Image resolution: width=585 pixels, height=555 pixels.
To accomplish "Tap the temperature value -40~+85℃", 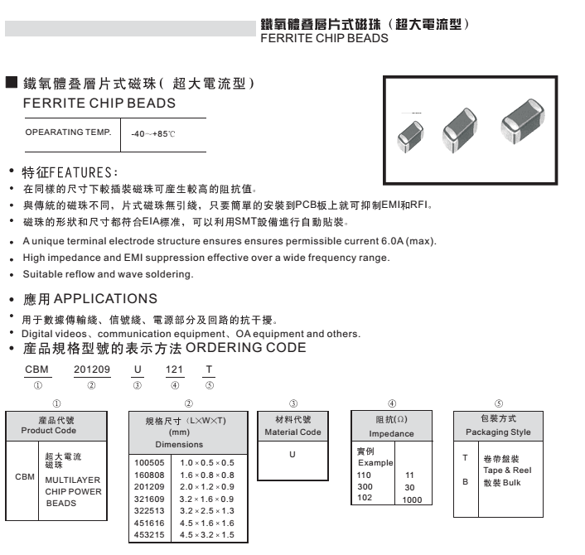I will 155,133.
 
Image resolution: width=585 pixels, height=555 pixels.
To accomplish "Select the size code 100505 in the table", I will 149,463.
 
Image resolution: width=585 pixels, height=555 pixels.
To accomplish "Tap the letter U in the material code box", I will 292,455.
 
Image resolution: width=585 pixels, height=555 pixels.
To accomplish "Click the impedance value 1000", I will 412,499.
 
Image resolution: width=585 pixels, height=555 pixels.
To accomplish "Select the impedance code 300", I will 365,487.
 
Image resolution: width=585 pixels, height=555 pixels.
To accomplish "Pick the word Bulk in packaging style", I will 511,482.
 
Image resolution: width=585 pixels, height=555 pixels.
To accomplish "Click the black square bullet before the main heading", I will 11,82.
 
